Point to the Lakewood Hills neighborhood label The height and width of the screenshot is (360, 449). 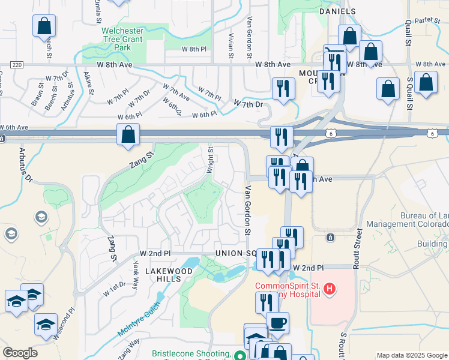[x=163, y=275]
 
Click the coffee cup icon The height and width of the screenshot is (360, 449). [x=277, y=322]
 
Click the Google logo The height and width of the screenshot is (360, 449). [x=20, y=353]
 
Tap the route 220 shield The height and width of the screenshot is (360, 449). [x=16, y=64]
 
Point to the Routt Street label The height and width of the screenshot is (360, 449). [x=358, y=246]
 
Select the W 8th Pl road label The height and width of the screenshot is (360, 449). [x=194, y=48]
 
